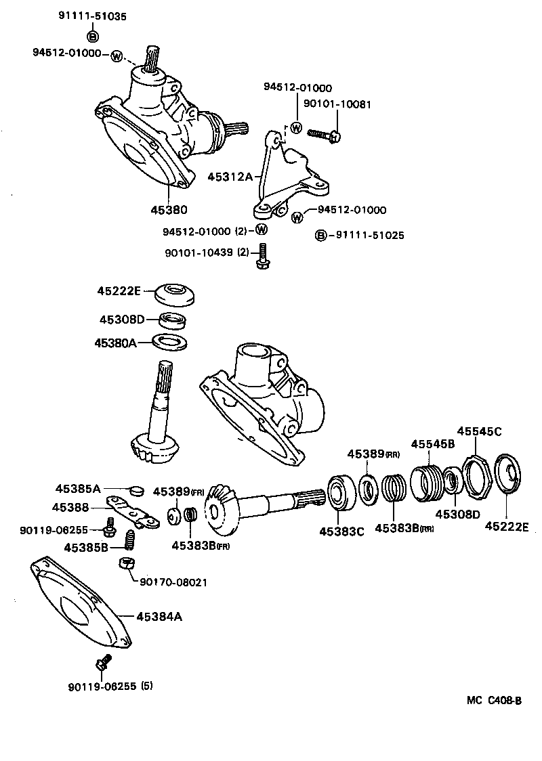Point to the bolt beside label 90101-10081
(x=325, y=135)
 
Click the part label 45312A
(x=230, y=177)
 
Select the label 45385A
(x=78, y=488)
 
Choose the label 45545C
(x=479, y=431)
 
